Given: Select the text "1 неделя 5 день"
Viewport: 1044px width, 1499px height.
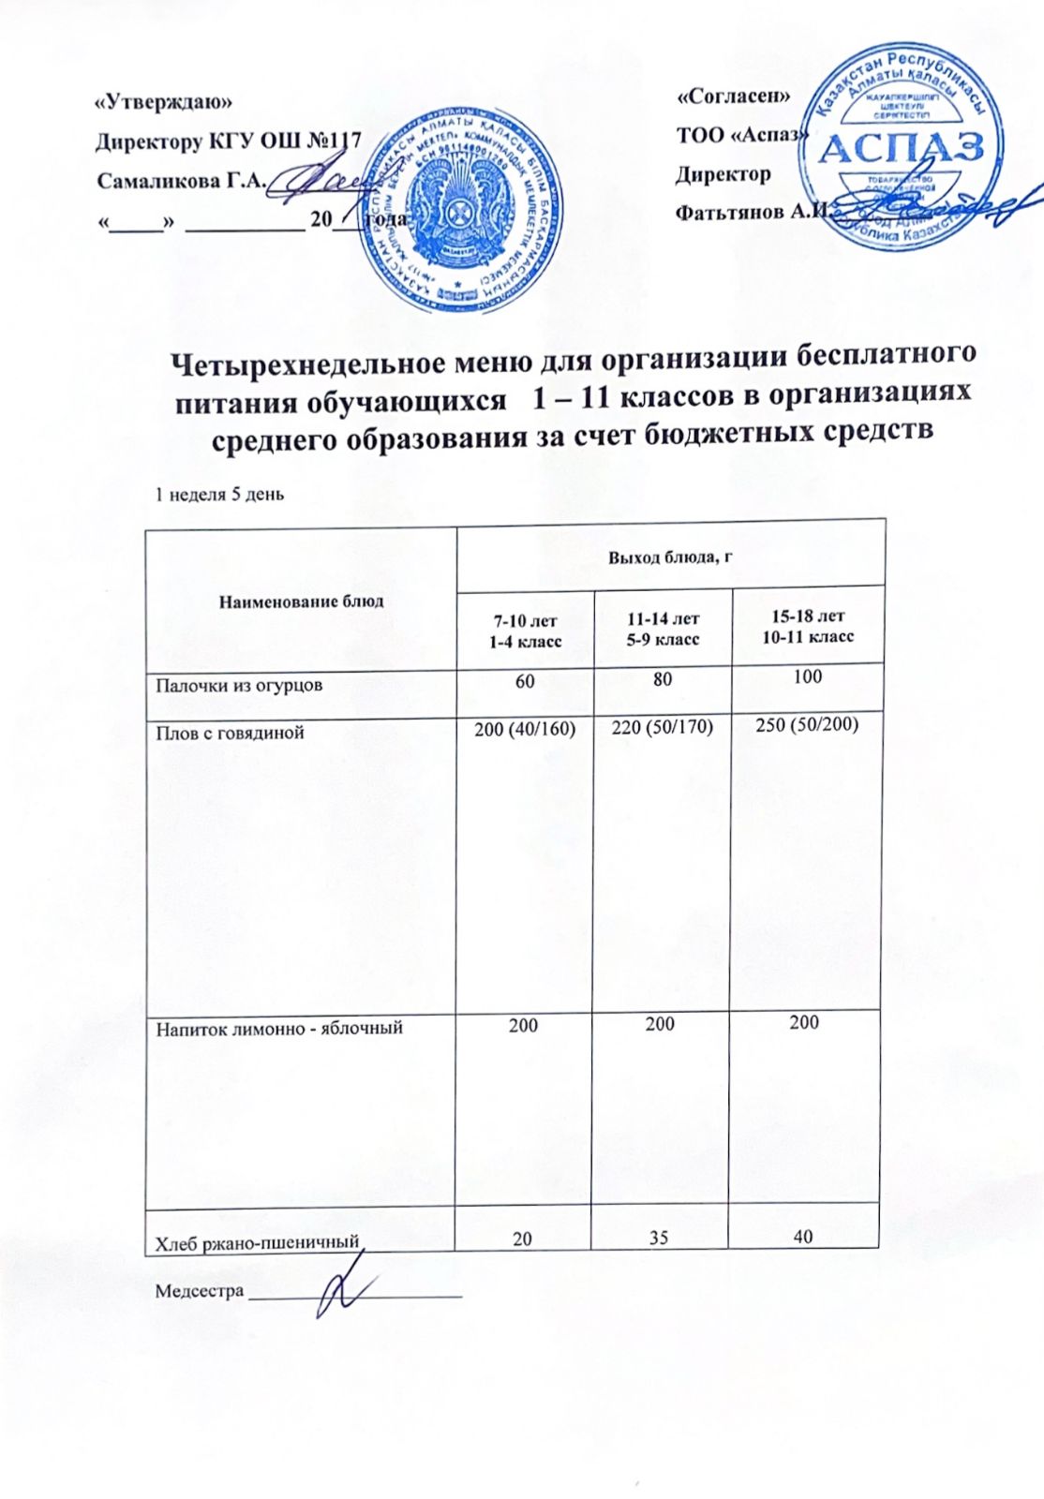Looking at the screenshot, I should [219, 494].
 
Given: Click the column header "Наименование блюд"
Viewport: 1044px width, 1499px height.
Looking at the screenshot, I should [301, 601].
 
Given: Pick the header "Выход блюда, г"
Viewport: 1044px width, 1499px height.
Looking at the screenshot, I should [669, 558].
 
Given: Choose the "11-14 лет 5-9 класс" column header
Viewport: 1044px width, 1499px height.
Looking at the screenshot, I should [663, 629].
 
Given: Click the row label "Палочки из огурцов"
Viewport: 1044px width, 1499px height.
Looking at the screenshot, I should [239, 685].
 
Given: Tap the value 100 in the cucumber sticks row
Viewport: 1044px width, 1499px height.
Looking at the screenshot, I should [806, 676].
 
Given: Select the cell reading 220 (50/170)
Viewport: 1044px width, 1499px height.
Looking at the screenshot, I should [662, 728].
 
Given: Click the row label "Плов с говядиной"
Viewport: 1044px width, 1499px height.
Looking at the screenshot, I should [230, 733].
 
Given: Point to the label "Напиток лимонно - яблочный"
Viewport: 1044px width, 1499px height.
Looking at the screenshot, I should [279, 1028].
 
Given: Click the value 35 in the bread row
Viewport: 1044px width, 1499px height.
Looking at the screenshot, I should [659, 1238].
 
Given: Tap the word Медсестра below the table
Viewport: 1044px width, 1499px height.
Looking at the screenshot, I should [199, 1291].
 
